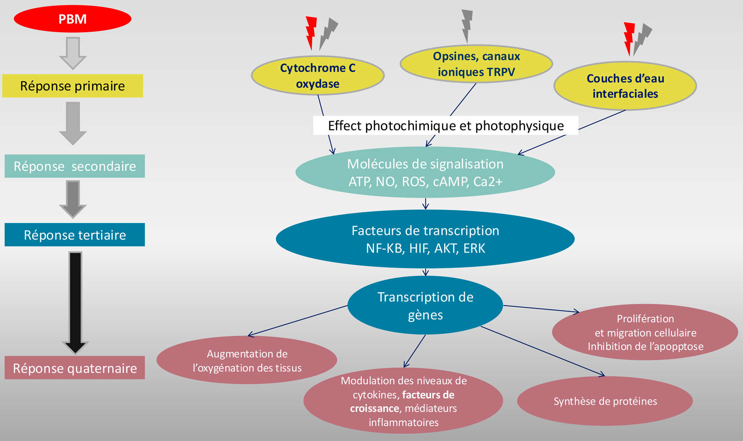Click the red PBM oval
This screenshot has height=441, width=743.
pyautogui.click(x=73, y=19)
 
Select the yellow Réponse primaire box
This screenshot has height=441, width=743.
pyautogui.click(x=73, y=86)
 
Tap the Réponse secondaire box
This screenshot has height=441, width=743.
pyautogui.click(x=75, y=166)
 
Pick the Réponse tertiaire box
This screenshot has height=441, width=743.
pyautogui.click(x=75, y=235)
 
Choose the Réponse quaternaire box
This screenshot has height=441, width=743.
pyautogui.click(x=75, y=367)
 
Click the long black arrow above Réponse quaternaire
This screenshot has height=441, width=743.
pyautogui.click(x=75, y=301)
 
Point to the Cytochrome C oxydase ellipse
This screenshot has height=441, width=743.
pyautogui.click(x=318, y=76)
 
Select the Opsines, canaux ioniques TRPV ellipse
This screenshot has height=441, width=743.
pyautogui.click(x=476, y=64)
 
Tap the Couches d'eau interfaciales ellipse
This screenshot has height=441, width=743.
pyautogui.click(x=625, y=86)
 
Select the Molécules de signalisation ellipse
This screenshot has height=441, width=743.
pyautogui.click(x=425, y=172)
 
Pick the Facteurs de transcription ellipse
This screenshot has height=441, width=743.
pyautogui.click(x=425, y=239)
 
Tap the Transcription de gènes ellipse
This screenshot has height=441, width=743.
pyautogui.click(x=425, y=306)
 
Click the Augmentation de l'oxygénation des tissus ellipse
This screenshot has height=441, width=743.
pyautogui.click(x=247, y=360)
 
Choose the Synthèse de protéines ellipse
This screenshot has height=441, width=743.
pyautogui.click(x=605, y=401)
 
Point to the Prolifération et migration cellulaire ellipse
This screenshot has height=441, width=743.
pyautogui.click(x=645, y=332)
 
